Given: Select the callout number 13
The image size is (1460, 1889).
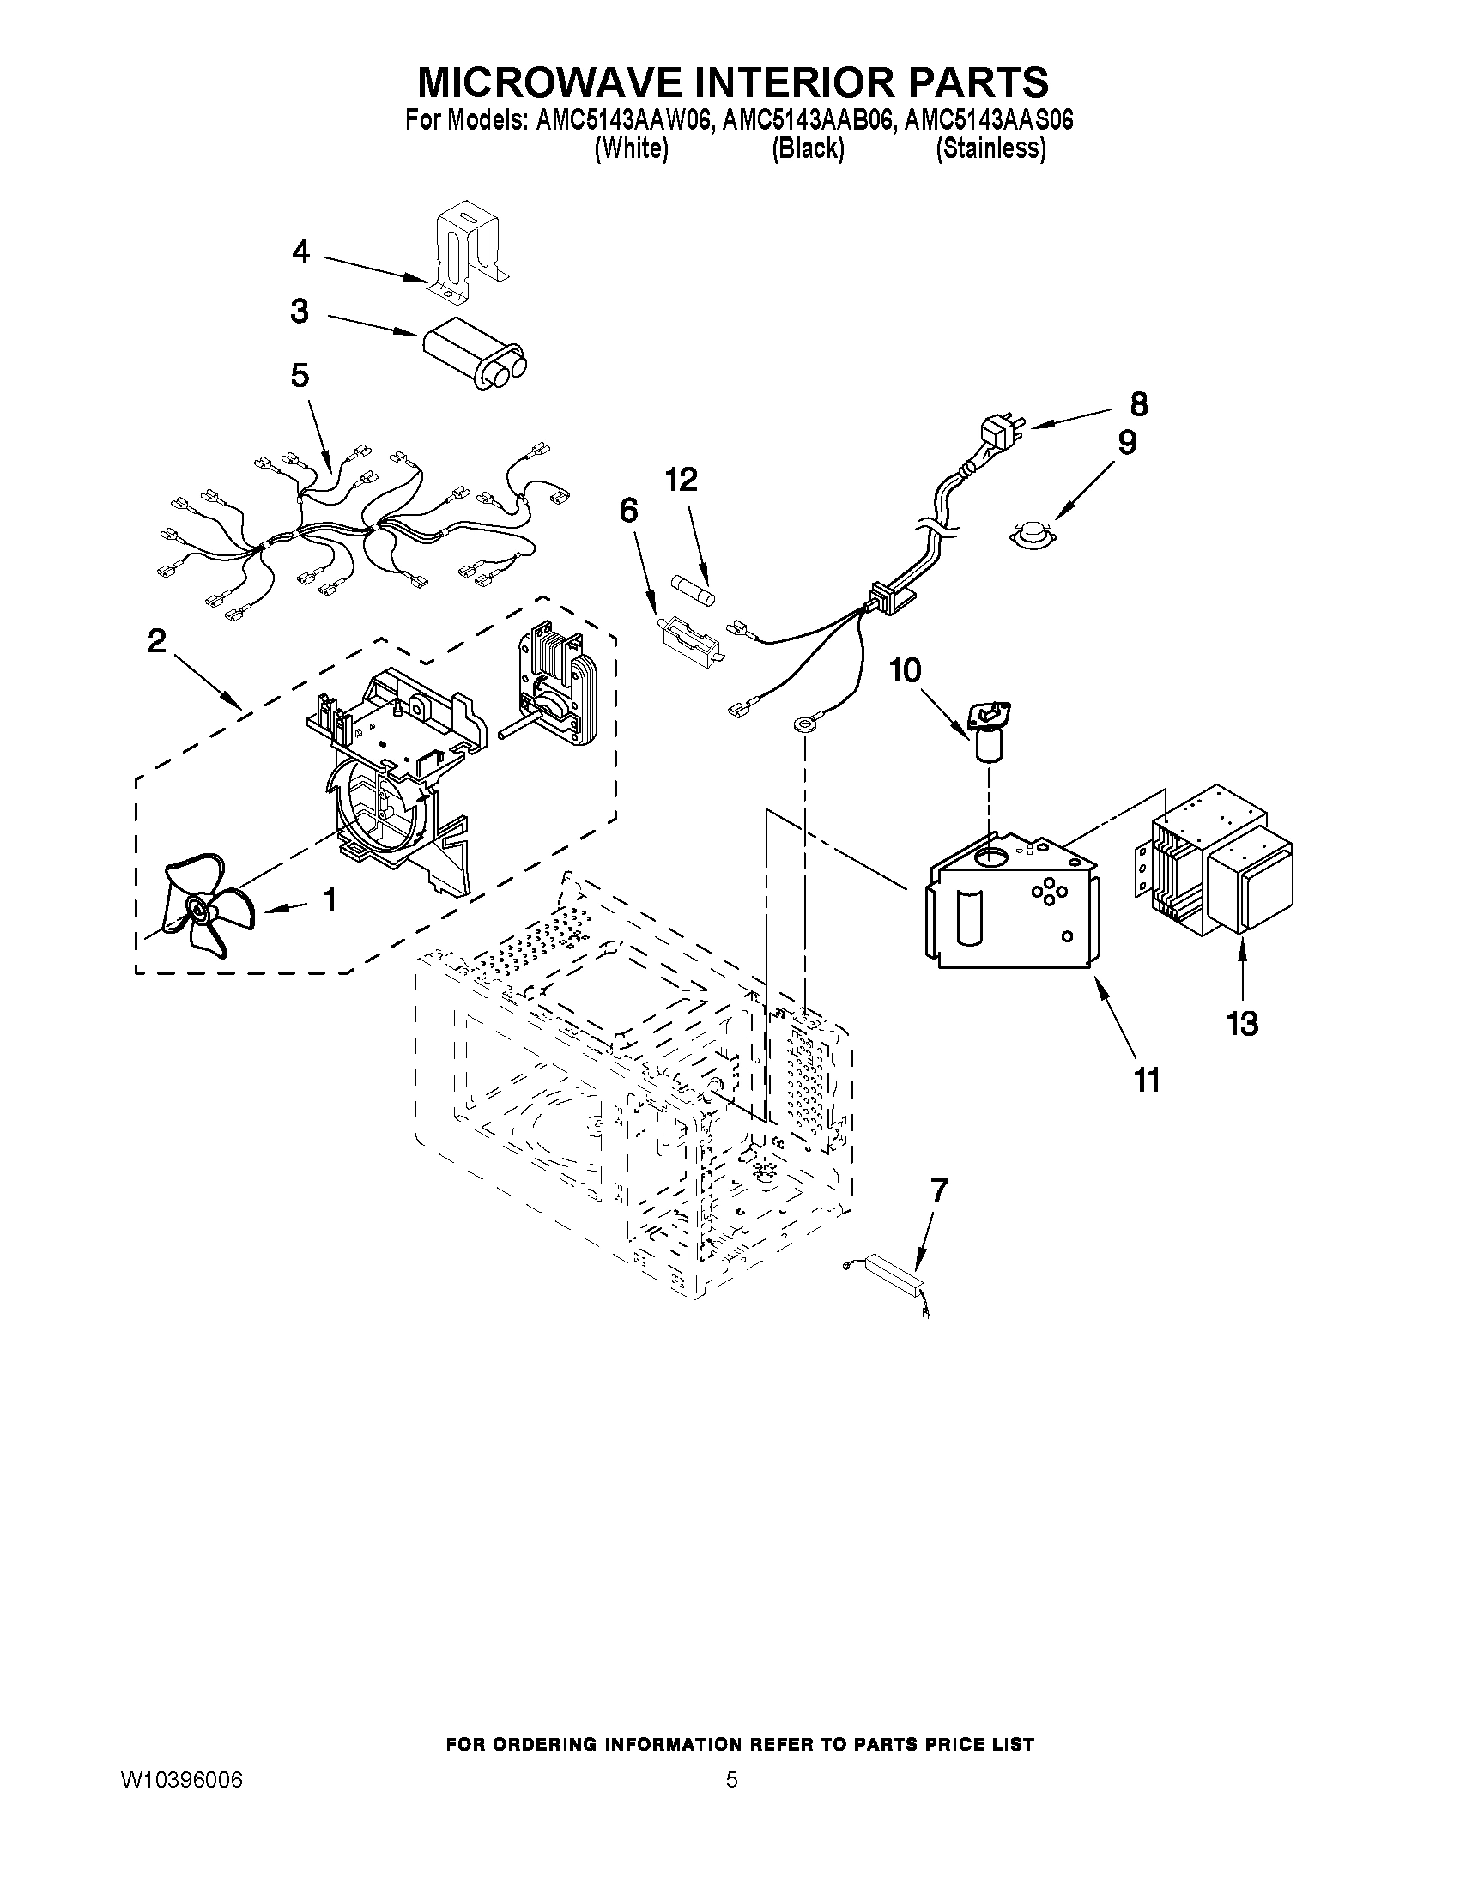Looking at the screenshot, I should pos(1242,1024).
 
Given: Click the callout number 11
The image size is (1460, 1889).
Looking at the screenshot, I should pos(1147,1080).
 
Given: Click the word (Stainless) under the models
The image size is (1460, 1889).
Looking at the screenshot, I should pos(990,148).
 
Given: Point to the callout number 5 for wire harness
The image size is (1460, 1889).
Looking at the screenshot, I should pos(300,375).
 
